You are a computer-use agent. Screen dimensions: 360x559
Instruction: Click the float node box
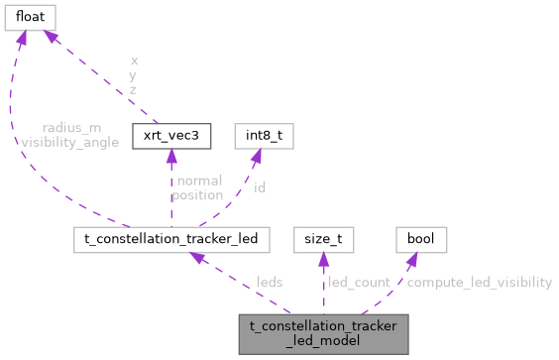(30, 17)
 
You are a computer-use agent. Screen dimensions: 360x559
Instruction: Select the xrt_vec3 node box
(170, 134)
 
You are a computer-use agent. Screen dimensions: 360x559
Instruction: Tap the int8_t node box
(257, 134)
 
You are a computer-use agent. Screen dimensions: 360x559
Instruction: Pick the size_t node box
(323, 239)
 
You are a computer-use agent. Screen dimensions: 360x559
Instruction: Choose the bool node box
(420, 239)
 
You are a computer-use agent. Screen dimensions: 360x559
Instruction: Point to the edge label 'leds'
(270, 282)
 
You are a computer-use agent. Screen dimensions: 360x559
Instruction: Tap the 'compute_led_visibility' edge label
(479, 282)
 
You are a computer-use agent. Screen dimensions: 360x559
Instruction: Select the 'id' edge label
(260, 186)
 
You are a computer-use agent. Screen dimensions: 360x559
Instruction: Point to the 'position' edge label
(196, 194)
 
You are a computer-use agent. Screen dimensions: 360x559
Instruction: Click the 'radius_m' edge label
(69, 127)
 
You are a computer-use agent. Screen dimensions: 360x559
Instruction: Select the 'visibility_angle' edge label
(69, 142)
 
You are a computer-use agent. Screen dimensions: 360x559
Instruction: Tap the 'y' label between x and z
(134, 74)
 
